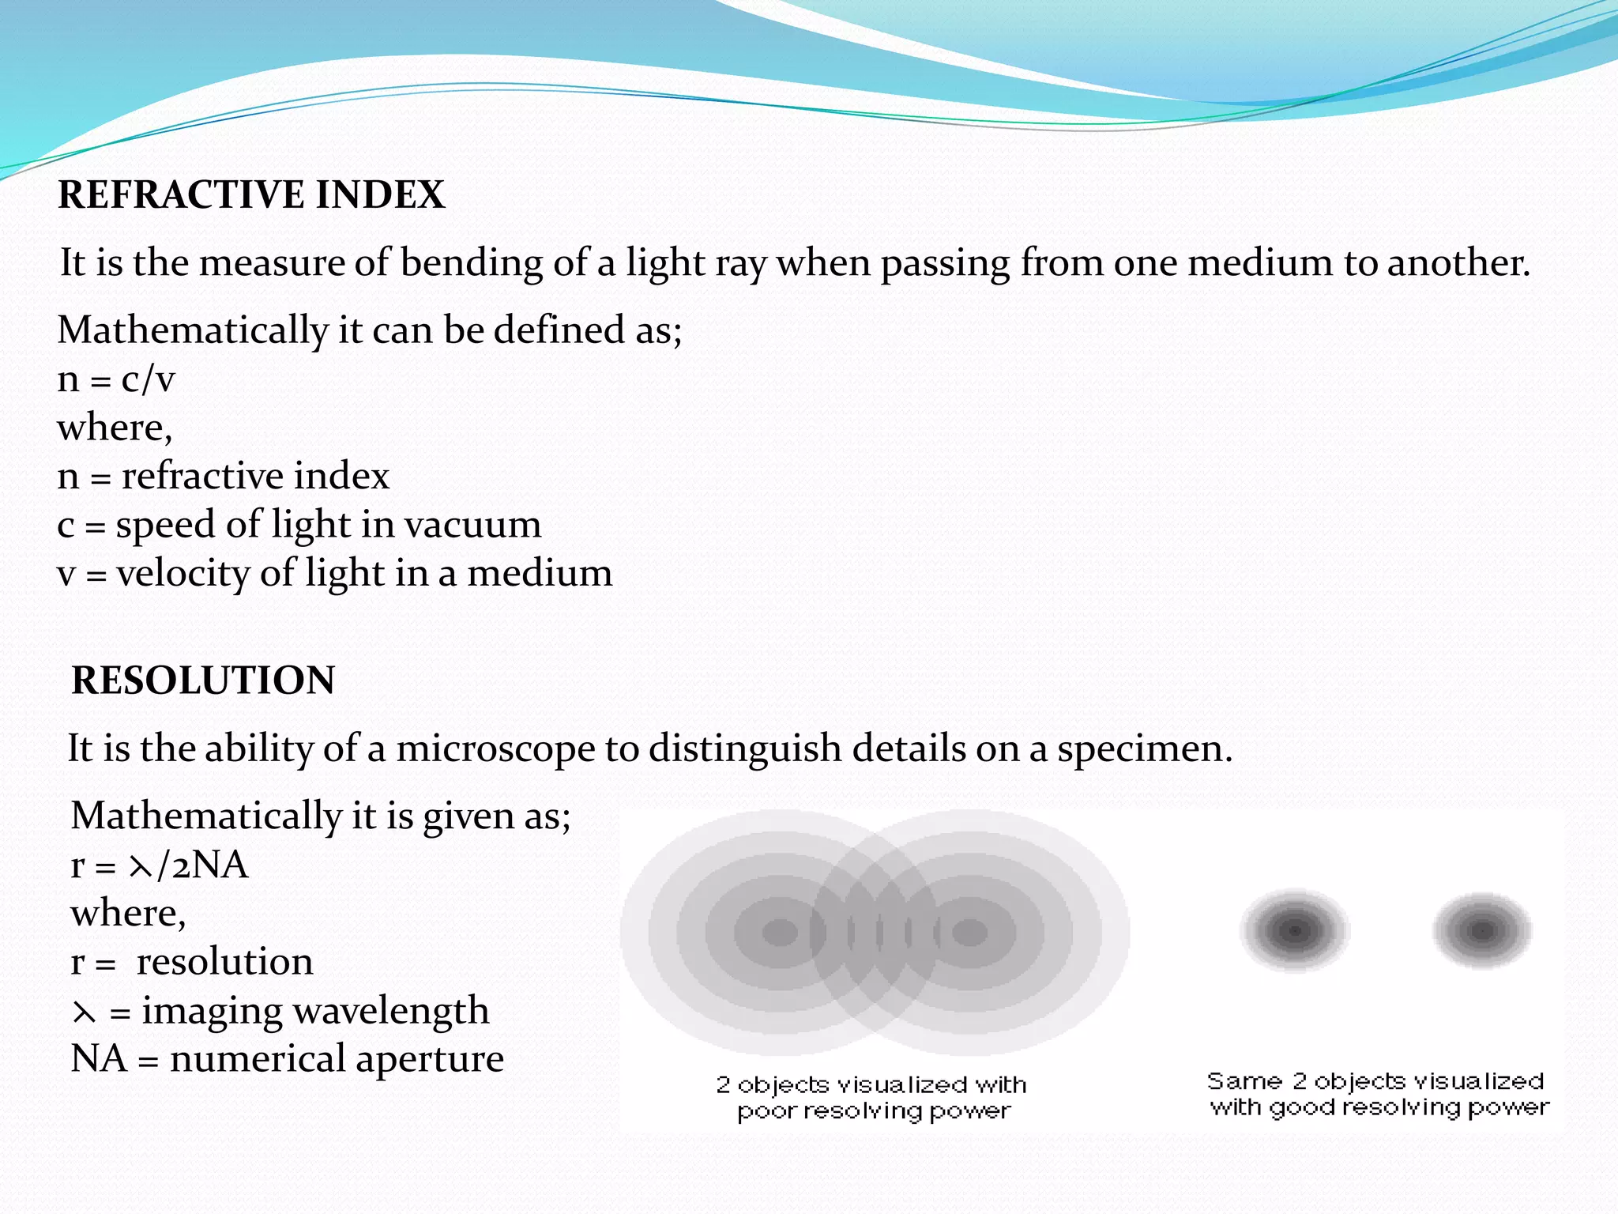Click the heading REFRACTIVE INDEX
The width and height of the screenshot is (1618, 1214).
tap(251, 194)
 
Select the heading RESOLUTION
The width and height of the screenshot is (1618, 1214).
tap(203, 680)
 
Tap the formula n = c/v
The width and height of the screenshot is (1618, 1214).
tap(115, 379)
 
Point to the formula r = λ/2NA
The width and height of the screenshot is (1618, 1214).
tap(159, 865)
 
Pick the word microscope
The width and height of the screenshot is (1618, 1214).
tap(495, 748)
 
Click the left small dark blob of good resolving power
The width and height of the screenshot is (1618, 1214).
tap(1294, 931)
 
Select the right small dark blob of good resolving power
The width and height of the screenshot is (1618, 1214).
tap(1482, 931)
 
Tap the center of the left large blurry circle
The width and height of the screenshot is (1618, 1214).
tap(781, 933)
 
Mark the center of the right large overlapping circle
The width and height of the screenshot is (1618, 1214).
tap(970, 933)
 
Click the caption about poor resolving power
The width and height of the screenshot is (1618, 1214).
tap(872, 1098)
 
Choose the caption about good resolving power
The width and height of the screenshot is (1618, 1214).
tap(1378, 1094)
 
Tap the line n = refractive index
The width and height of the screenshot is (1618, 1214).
tap(223, 476)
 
